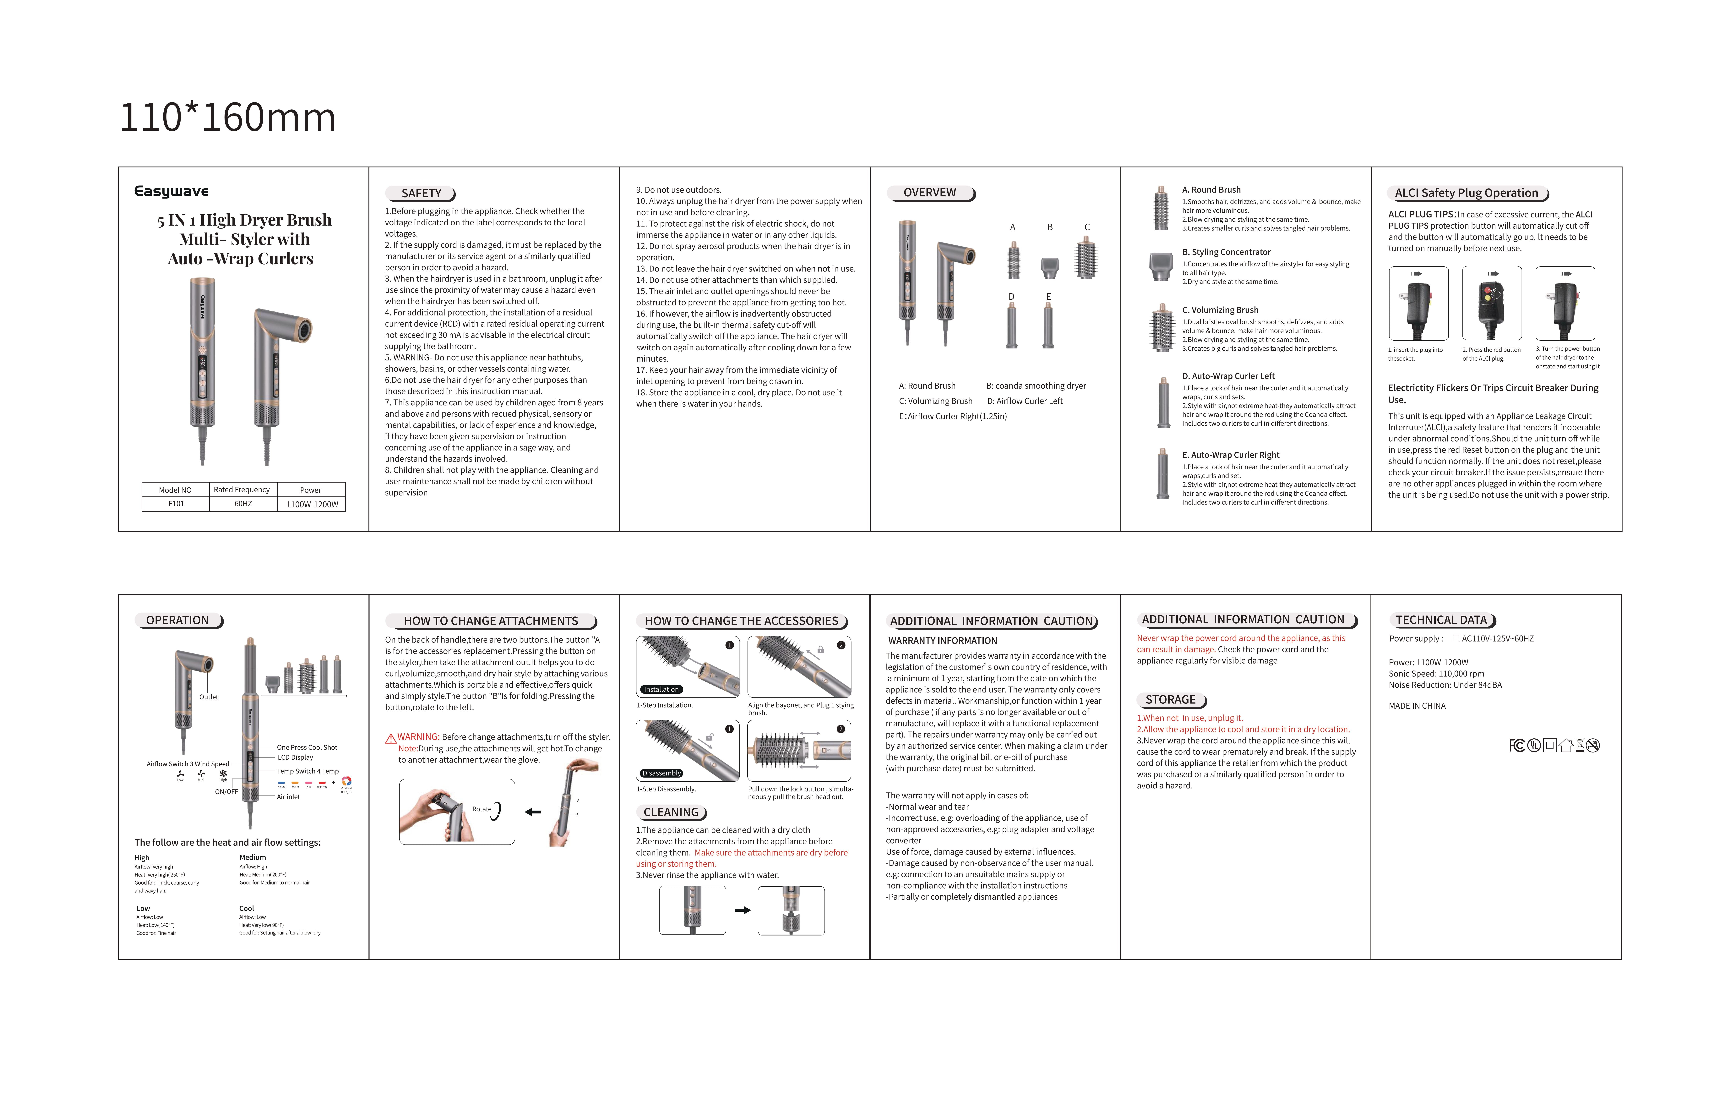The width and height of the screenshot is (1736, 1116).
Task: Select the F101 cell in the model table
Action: pyautogui.click(x=176, y=504)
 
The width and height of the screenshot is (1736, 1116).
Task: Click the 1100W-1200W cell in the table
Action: pyautogui.click(x=312, y=504)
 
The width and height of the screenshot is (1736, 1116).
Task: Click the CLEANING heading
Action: pyautogui.click(x=671, y=812)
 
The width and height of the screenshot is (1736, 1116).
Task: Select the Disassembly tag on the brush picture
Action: pyautogui.click(x=661, y=773)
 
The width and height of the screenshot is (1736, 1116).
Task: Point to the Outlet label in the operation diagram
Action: pyautogui.click(x=209, y=697)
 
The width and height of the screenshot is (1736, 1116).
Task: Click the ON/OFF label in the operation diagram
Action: pyautogui.click(x=226, y=792)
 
